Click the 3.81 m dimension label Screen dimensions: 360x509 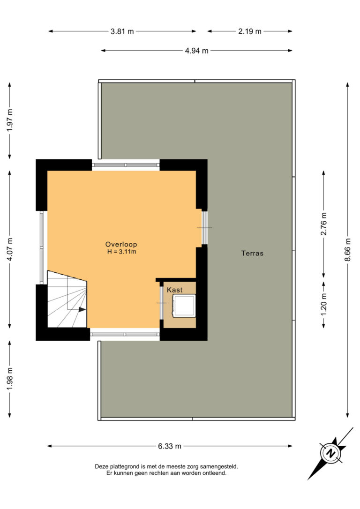point(122,31)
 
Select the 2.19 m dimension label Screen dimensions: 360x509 point(250,31)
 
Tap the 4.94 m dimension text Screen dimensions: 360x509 point(197,51)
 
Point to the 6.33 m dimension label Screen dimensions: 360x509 point(169,446)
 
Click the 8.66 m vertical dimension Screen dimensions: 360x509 point(348,250)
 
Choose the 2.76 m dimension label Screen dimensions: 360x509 point(323,224)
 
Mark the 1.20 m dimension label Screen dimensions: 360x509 point(323,304)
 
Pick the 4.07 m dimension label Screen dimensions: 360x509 point(10,249)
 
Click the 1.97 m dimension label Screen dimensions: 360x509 point(10,120)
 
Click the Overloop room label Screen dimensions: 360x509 point(121,245)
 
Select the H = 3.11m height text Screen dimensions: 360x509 point(122,252)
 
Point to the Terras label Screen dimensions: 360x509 point(252,253)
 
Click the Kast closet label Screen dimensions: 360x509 point(175,290)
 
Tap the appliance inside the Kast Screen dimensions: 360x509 point(184,306)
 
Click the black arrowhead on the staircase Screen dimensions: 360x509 point(82,310)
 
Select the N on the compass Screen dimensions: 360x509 point(330,453)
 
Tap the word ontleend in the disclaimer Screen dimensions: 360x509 point(214,473)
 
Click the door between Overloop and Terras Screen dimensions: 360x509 point(204,228)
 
